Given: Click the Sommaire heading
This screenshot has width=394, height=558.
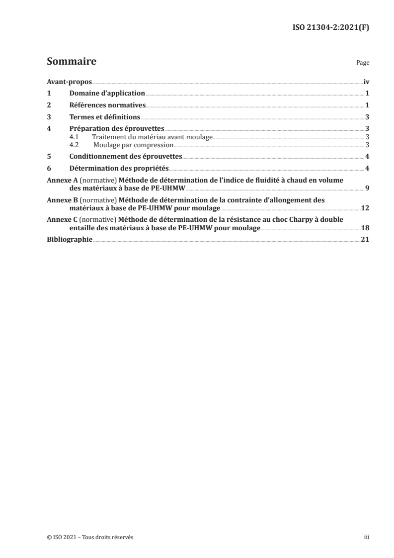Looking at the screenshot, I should tap(71, 62).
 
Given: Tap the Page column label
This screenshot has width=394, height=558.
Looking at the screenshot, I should tap(363, 64).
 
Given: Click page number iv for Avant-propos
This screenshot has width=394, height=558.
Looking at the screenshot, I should tap(366, 82).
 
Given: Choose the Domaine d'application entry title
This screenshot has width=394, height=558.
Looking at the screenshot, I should tap(107, 93).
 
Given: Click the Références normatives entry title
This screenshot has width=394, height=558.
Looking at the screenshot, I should tap(107, 105).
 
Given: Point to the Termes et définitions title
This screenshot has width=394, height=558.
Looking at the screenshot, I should tap(104, 117).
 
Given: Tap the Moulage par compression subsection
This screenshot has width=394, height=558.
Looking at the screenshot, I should tap(133, 145).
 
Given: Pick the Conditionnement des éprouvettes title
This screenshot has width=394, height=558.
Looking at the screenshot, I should tap(126, 156).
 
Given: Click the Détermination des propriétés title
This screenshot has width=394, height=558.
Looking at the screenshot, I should tap(119, 168).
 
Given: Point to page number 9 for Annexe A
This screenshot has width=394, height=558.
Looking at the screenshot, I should tap(367, 188).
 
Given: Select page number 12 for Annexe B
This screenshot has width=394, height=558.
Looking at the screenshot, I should tap(365, 208).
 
